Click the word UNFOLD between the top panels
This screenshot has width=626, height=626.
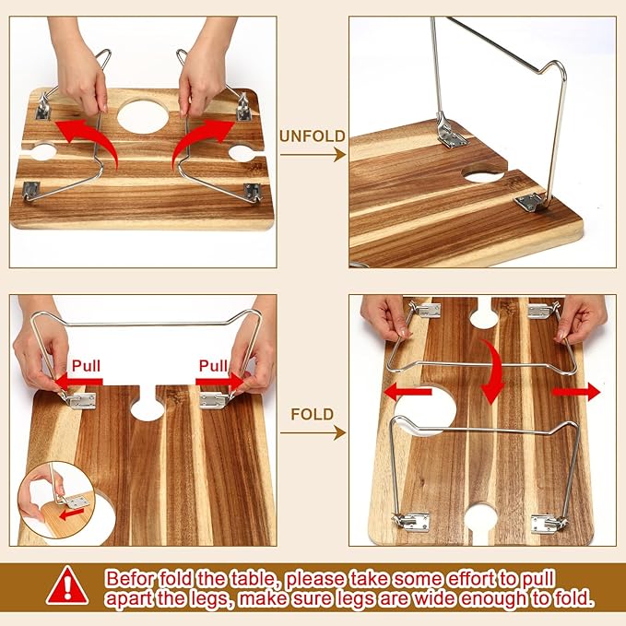313,136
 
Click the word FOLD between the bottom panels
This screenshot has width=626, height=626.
313,415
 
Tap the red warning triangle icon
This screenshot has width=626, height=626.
67,585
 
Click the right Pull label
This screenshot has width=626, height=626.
214,365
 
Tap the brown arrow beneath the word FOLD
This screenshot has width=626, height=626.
313,432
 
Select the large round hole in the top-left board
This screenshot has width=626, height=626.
144,116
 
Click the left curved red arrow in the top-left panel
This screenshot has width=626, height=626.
82,138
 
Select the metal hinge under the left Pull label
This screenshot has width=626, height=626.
80,400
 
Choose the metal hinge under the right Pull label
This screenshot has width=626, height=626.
213,400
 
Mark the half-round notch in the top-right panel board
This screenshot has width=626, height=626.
483,172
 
